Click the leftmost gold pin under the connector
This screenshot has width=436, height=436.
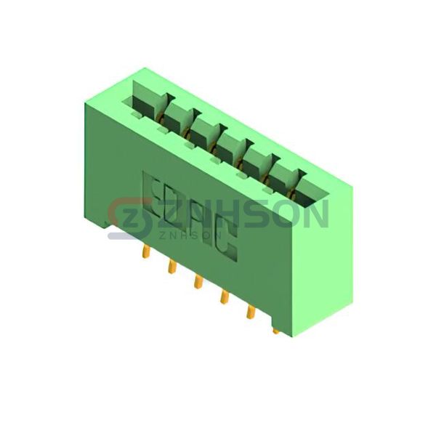[146, 252]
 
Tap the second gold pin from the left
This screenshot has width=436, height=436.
[171, 267]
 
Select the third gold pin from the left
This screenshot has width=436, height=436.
[198, 282]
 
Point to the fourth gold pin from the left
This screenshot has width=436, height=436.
[224, 297]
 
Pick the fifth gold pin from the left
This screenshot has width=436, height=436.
[250, 312]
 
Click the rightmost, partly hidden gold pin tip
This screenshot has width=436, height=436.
[276, 331]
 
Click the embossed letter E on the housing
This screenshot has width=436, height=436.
[153, 197]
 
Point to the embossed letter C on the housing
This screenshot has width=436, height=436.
[226, 238]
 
